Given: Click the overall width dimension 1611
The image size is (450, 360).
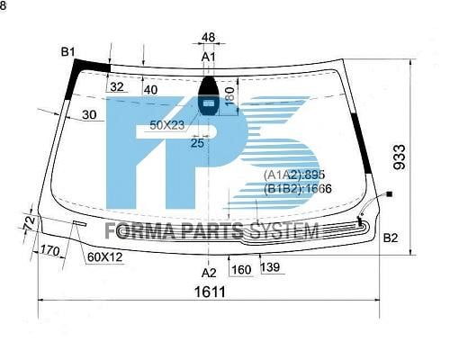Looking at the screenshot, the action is tap(210, 291).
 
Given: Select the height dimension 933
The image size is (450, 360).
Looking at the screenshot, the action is tap(400, 157).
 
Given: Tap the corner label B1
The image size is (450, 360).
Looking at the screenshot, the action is tap(67, 52).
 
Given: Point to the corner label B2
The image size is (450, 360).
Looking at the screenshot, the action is tap(391, 238).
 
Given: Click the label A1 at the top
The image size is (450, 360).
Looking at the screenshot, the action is tap(209, 57).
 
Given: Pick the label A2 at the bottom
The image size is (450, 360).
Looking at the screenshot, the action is tap(209, 273).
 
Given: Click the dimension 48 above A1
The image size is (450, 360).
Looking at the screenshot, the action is tap(208, 37).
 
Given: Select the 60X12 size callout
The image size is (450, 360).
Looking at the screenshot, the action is tap(104, 256).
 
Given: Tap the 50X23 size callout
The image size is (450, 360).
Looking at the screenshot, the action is tap(167, 125).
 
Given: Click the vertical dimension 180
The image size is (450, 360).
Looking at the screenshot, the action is tap(229, 96).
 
